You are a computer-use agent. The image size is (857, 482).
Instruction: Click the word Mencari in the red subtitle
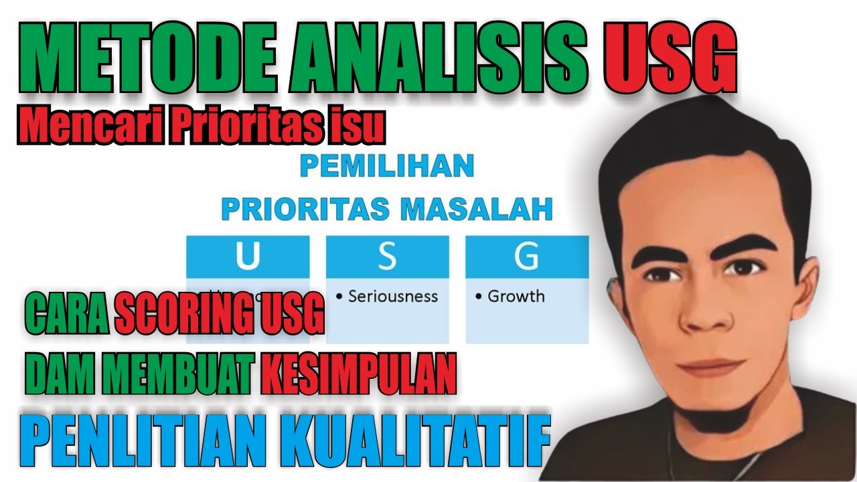pos(88,127)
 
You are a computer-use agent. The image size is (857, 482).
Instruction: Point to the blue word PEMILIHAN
pos(386,165)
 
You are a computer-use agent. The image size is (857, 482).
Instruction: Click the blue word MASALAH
pos(477,210)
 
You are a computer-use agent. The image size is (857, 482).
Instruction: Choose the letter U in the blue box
pos(248,257)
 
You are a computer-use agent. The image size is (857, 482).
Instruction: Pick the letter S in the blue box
pos(387,257)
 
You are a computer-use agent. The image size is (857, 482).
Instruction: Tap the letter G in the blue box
pos(526,257)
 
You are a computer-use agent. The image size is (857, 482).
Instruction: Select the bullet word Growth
pos(516,296)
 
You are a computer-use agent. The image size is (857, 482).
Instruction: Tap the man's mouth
pos(711,366)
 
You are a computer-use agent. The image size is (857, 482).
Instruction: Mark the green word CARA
pos(67,313)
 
